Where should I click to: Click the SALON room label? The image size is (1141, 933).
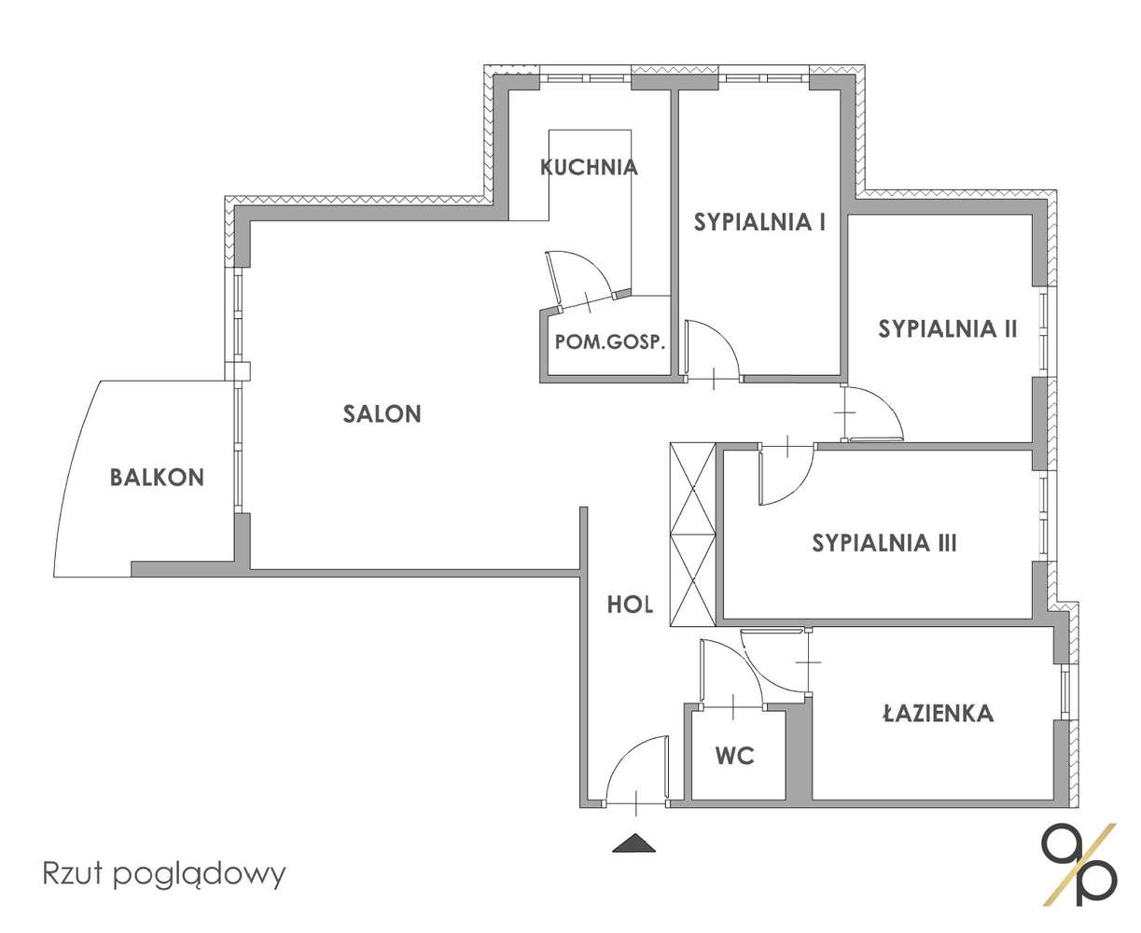pos(382,413)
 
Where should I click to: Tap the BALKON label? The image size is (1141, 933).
pos(157,478)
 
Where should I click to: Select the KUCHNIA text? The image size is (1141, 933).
pos(589,168)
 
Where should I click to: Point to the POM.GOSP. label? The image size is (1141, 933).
pos(610,341)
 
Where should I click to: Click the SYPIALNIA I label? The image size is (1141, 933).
pos(759,222)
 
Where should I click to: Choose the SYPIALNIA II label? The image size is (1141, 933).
pos(946,328)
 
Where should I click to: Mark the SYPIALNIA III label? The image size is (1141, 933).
pos(884,543)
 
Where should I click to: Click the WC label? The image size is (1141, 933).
pos(735,756)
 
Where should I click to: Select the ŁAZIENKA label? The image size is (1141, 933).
pos(938,715)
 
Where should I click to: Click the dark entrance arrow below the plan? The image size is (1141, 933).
pos(634,842)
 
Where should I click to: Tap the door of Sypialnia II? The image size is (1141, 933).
pos(871,415)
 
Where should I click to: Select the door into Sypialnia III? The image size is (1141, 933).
pos(785,474)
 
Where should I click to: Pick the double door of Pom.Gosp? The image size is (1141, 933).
pos(583,278)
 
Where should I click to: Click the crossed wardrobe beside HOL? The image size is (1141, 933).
pos(692,534)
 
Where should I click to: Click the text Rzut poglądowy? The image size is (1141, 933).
pos(164,874)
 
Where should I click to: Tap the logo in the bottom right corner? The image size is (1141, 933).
pos(1078,864)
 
